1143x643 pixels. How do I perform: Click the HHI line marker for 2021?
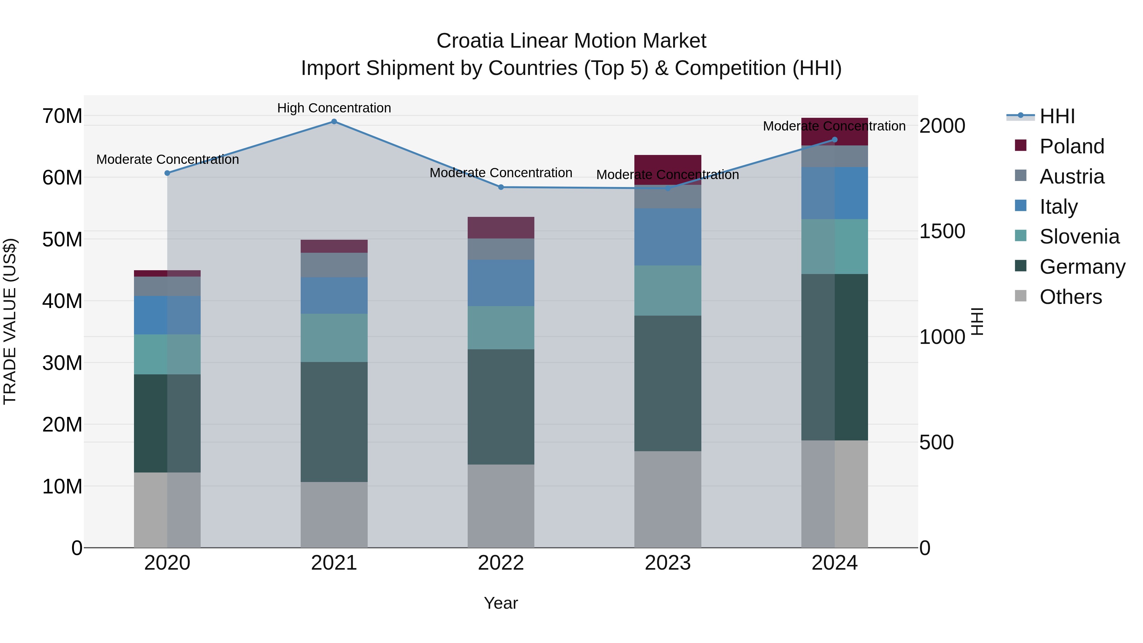(334, 122)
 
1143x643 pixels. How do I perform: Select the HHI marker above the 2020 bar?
(167, 173)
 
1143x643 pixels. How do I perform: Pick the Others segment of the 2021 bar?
(334, 514)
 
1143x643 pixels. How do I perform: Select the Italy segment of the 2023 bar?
(667, 237)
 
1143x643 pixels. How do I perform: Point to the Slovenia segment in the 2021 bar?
(334, 338)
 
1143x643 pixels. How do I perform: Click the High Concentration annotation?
(334, 108)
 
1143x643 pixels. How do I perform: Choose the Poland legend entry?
(1071, 146)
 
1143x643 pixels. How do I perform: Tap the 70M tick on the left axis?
(62, 116)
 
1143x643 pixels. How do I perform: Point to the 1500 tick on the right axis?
(942, 231)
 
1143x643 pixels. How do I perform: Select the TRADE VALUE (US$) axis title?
(10, 321)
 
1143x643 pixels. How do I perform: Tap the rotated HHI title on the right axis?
(978, 321)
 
